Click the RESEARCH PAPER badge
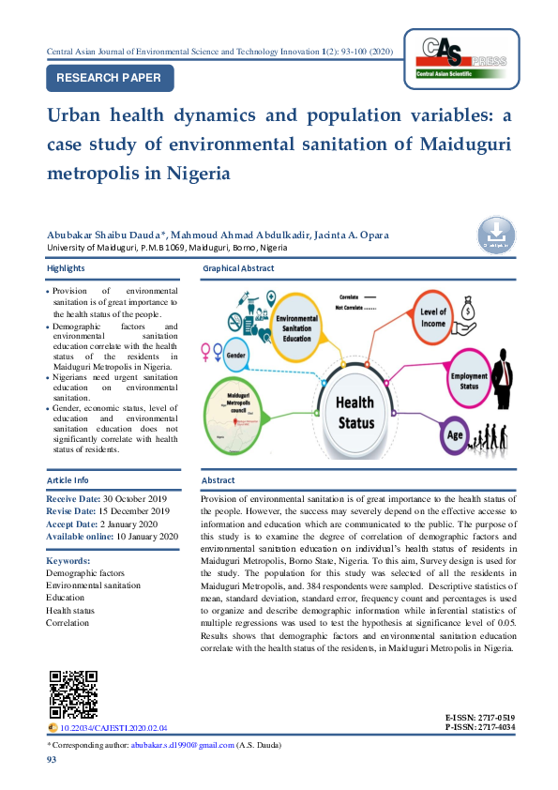(x=110, y=78)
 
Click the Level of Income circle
(x=432, y=317)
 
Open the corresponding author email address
(x=183, y=745)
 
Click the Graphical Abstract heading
(x=238, y=268)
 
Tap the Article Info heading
(x=68, y=480)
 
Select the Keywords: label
(x=68, y=560)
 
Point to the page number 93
(x=52, y=760)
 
